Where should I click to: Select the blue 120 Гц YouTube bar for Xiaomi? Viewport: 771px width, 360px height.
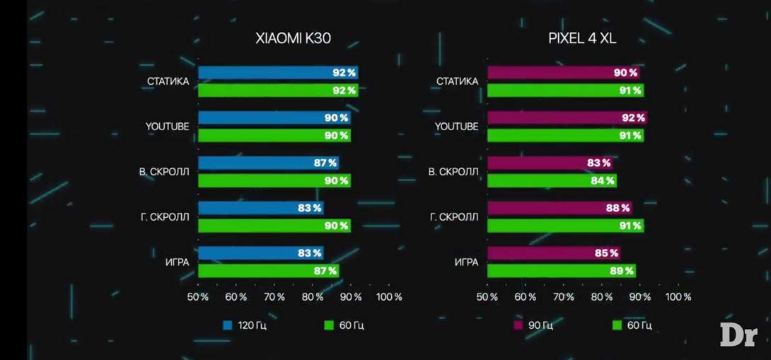tap(274, 118)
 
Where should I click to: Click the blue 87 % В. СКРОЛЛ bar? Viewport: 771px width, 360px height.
tap(268, 163)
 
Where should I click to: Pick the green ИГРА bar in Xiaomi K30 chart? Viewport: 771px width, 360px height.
tap(268, 271)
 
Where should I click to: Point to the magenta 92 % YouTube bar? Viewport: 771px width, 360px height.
tap(567, 118)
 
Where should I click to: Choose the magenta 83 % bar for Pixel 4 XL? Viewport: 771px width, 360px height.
tap(550, 163)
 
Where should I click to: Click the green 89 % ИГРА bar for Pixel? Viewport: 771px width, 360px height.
tap(561, 271)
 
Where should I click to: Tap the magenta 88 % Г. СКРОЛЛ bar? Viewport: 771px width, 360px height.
tap(559, 209)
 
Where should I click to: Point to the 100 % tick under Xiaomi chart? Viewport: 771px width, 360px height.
tap(388, 297)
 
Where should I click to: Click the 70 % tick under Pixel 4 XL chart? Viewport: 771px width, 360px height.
tap(564, 297)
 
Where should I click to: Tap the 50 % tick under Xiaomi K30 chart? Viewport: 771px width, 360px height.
tap(197, 297)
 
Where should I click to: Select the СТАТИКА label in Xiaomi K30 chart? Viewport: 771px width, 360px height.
tap(168, 81)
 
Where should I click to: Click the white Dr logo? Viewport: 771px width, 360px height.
tap(738, 334)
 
